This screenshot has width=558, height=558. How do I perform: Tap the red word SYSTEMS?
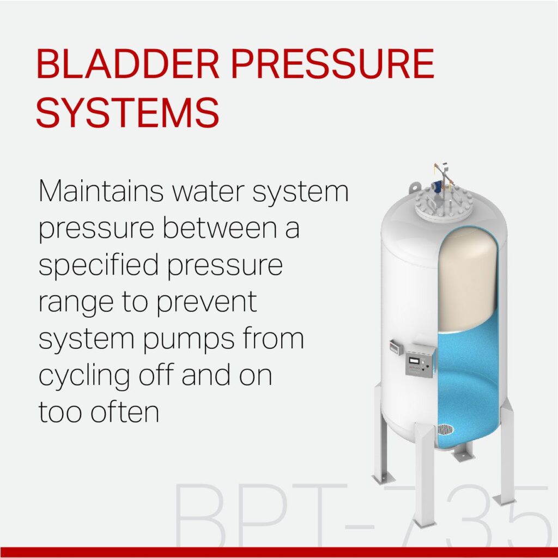click(128, 112)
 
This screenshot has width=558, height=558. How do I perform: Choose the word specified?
click(99, 266)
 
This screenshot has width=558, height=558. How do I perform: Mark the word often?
click(125, 411)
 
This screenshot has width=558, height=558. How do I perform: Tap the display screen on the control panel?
click(413, 360)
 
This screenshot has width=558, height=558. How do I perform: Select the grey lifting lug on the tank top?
click(415, 187)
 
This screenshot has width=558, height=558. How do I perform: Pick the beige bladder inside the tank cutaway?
click(467, 281)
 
